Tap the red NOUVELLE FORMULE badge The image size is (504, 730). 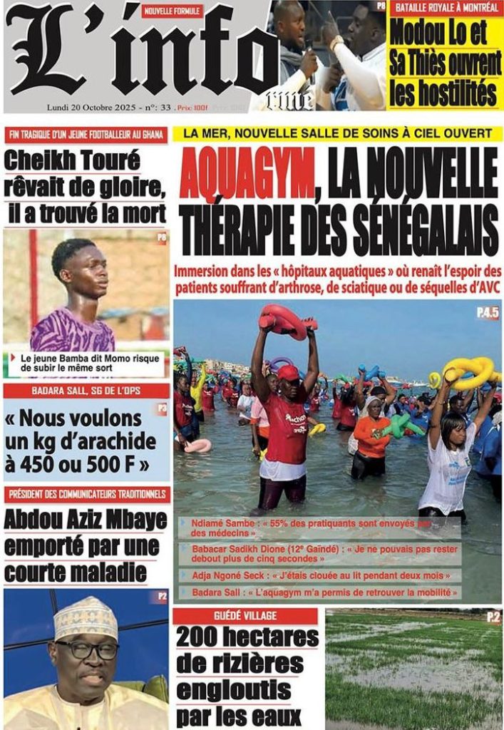coord(172,11)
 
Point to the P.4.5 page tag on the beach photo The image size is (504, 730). coord(488,312)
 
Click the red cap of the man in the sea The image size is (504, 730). coord(288,372)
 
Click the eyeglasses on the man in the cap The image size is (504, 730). coord(87,649)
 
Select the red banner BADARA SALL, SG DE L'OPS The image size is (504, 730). coord(86,391)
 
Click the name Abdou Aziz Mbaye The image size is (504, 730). coord(86,520)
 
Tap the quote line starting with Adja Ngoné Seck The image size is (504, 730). coord(319,575)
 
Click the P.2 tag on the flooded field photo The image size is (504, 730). coord(493,617)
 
